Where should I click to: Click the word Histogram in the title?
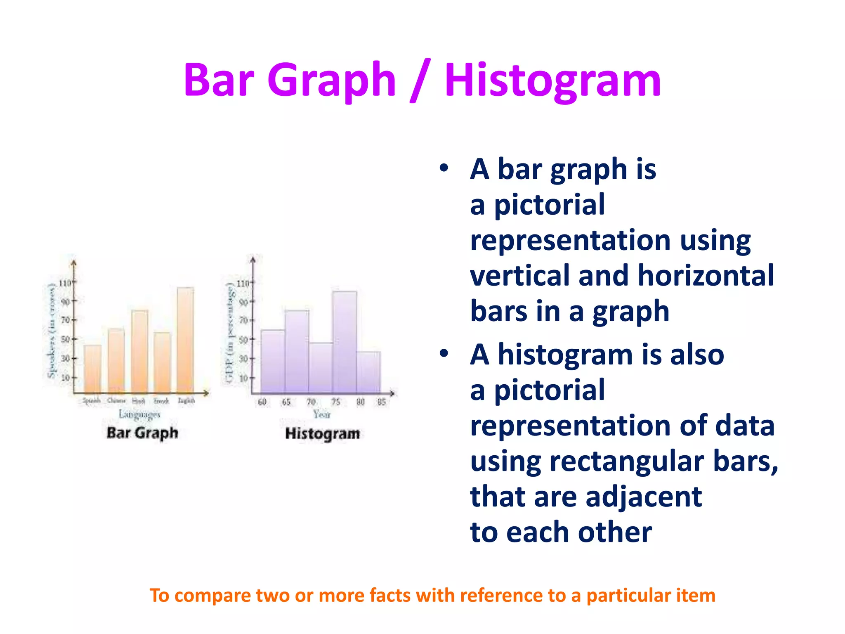click(x=553, y=80)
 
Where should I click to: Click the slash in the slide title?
click(x=420, y=80)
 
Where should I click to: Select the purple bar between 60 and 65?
click(x=273, y=361)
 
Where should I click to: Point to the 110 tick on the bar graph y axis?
click(x=65, y=283)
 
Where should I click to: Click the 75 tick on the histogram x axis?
click(x=336, y=402)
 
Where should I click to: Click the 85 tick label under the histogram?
click(x=382, y=402)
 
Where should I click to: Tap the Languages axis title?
click(x=139, y=414)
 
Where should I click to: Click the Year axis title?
click(x=322, y=414)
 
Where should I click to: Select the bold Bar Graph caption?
click(x=142, y=433)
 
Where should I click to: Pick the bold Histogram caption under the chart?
click(x=323, y=434)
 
